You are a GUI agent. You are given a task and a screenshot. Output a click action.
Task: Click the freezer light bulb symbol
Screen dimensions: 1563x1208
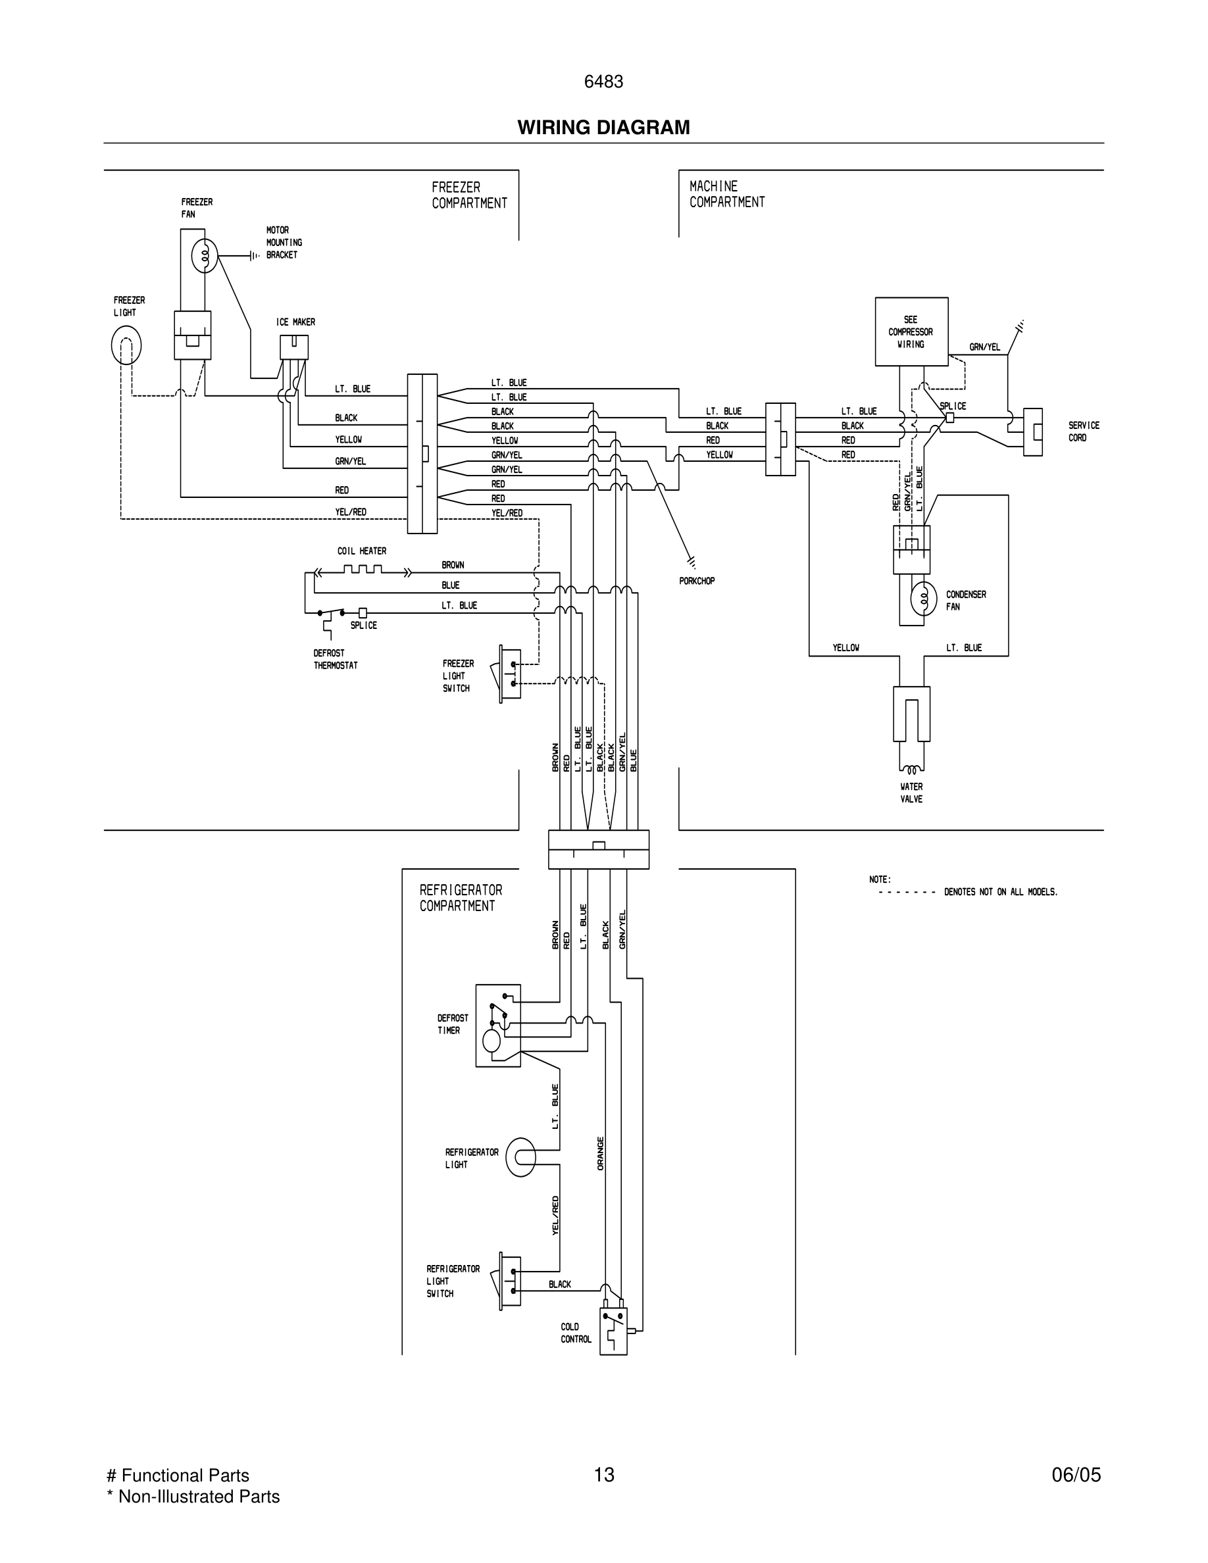[126, 345]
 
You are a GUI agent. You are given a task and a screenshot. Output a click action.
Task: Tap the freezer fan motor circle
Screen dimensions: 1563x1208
[205, 255]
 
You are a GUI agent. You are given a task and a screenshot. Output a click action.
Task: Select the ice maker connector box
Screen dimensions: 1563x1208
[294, 347]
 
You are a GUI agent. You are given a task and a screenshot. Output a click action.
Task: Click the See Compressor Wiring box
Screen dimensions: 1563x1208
[911, 332]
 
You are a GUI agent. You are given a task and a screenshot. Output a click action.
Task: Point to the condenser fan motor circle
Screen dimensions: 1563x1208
[923, 600]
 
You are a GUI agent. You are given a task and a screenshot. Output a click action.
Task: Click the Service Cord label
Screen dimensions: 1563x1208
[1083, 432]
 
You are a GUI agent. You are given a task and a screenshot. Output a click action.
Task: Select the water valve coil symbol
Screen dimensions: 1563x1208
[912, 770]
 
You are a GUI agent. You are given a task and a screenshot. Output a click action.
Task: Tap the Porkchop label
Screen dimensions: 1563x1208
[696, 581]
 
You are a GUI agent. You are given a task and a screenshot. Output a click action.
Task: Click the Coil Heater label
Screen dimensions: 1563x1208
[361, 551]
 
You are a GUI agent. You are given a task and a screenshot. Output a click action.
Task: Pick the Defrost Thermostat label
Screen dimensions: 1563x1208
[335, 659]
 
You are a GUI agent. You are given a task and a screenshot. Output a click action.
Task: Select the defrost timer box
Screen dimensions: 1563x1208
[498, 1026]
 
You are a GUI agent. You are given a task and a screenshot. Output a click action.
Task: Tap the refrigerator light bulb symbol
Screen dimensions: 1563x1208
[521, 1156]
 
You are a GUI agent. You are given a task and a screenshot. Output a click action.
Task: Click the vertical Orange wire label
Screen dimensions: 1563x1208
[601, 1153]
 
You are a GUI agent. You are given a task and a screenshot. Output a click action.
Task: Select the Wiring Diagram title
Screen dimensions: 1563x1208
[603, 128]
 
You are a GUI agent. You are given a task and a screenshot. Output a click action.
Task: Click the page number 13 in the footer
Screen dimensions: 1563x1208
[603, 1474]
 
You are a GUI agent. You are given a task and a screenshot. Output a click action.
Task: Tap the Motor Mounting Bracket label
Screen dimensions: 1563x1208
[284, 243]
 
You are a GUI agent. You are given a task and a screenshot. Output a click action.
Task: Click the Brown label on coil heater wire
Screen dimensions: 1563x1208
[452, 565]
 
